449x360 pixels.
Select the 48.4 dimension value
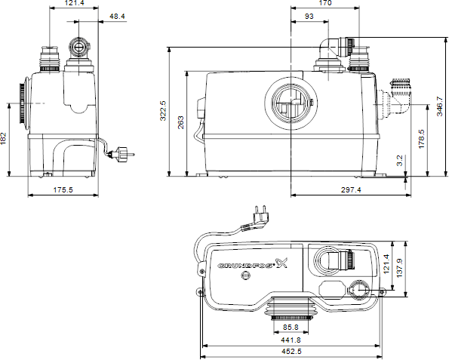117,16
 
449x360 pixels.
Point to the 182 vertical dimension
5,140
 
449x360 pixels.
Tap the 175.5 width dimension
63,190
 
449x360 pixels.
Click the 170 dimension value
324,4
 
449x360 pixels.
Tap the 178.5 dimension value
423,140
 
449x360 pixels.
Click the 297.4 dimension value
349,190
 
